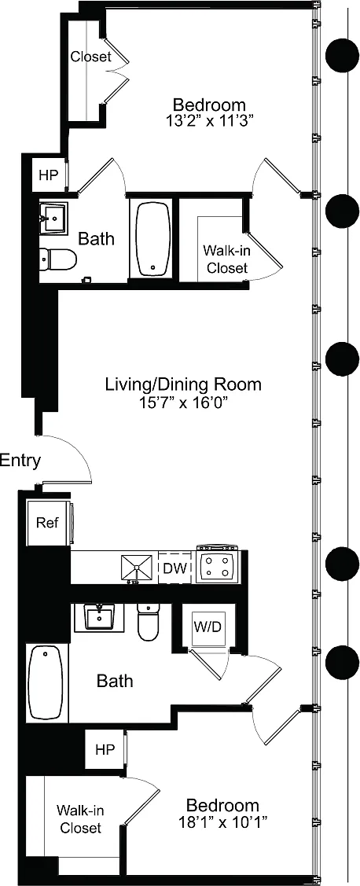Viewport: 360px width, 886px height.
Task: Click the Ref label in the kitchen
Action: click(x=47, y=523)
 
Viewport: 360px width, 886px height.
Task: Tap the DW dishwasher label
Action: click(x=175, y=568)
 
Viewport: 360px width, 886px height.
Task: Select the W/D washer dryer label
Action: click(x=207, y=627)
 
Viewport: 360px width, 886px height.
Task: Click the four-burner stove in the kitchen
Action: click(x=218, y=566)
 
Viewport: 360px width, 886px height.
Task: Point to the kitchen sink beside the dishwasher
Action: click(x=137, y=568)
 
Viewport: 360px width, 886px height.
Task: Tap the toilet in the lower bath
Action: click(x=149, y=622)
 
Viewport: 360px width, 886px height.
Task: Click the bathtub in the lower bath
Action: click(x=47, y=682)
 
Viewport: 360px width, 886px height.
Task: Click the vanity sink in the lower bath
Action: click(x=99, y=618)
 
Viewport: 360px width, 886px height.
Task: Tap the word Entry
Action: click(x=20, y=461)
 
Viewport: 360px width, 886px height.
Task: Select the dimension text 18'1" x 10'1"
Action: click(x=223, y=822)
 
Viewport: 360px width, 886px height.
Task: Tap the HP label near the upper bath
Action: click(x=49, y=175)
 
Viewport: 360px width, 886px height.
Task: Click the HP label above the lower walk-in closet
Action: click(x=105, y=750)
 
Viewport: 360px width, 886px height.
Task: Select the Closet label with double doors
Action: click(x=90, y=57)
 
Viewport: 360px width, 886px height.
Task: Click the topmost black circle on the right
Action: click(x=343, y=55)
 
